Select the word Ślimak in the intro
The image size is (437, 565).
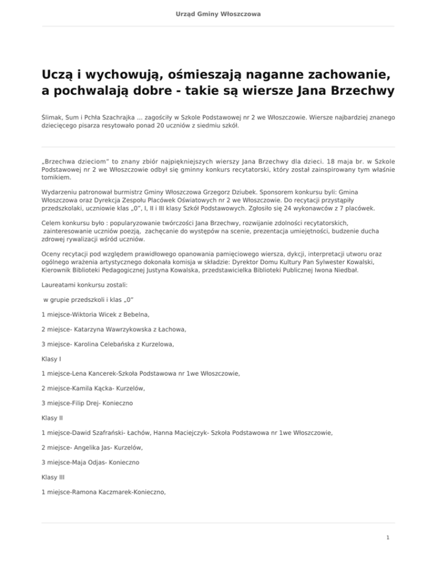(x=53, y=117)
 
